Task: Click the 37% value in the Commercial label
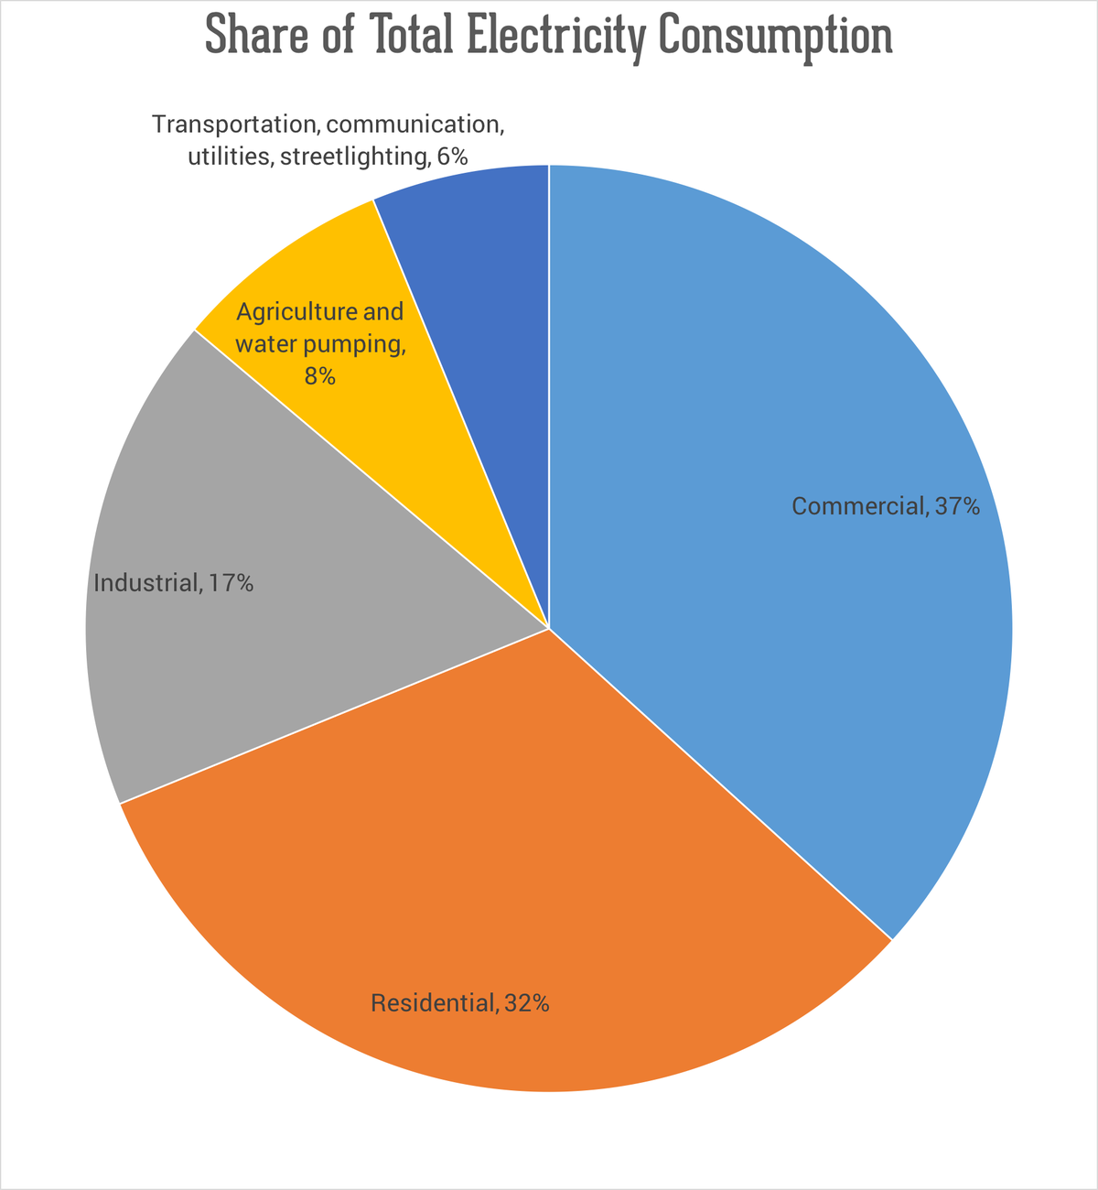pos(957,506)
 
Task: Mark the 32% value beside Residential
pos(526,1004)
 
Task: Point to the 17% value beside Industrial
pos(231,583)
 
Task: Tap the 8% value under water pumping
pos(319,375)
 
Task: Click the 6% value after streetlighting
pos(452,157)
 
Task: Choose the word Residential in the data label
pos(432,1004)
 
